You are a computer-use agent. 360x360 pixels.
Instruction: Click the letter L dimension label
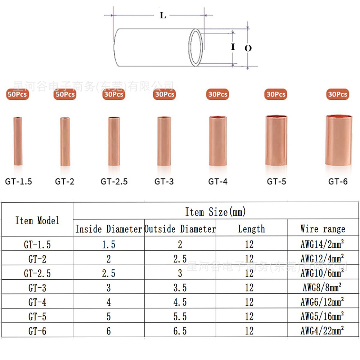click(163, 15)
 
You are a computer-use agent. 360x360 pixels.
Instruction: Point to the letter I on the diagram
click(233, 46)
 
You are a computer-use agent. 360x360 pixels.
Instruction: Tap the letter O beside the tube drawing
click(248, 48)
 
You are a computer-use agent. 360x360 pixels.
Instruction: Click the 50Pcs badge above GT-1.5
click(17, 94)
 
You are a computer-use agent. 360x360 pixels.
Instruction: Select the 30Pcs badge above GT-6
click(338, 94)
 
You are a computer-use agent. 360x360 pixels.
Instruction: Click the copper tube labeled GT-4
click(218, 141)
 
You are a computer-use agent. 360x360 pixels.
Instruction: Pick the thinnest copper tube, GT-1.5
click(18, 141)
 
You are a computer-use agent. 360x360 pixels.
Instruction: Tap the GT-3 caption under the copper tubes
click(164, 181)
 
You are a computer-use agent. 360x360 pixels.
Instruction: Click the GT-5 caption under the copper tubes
click(276, 181)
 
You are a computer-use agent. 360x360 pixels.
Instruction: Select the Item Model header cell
click(37, 220)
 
